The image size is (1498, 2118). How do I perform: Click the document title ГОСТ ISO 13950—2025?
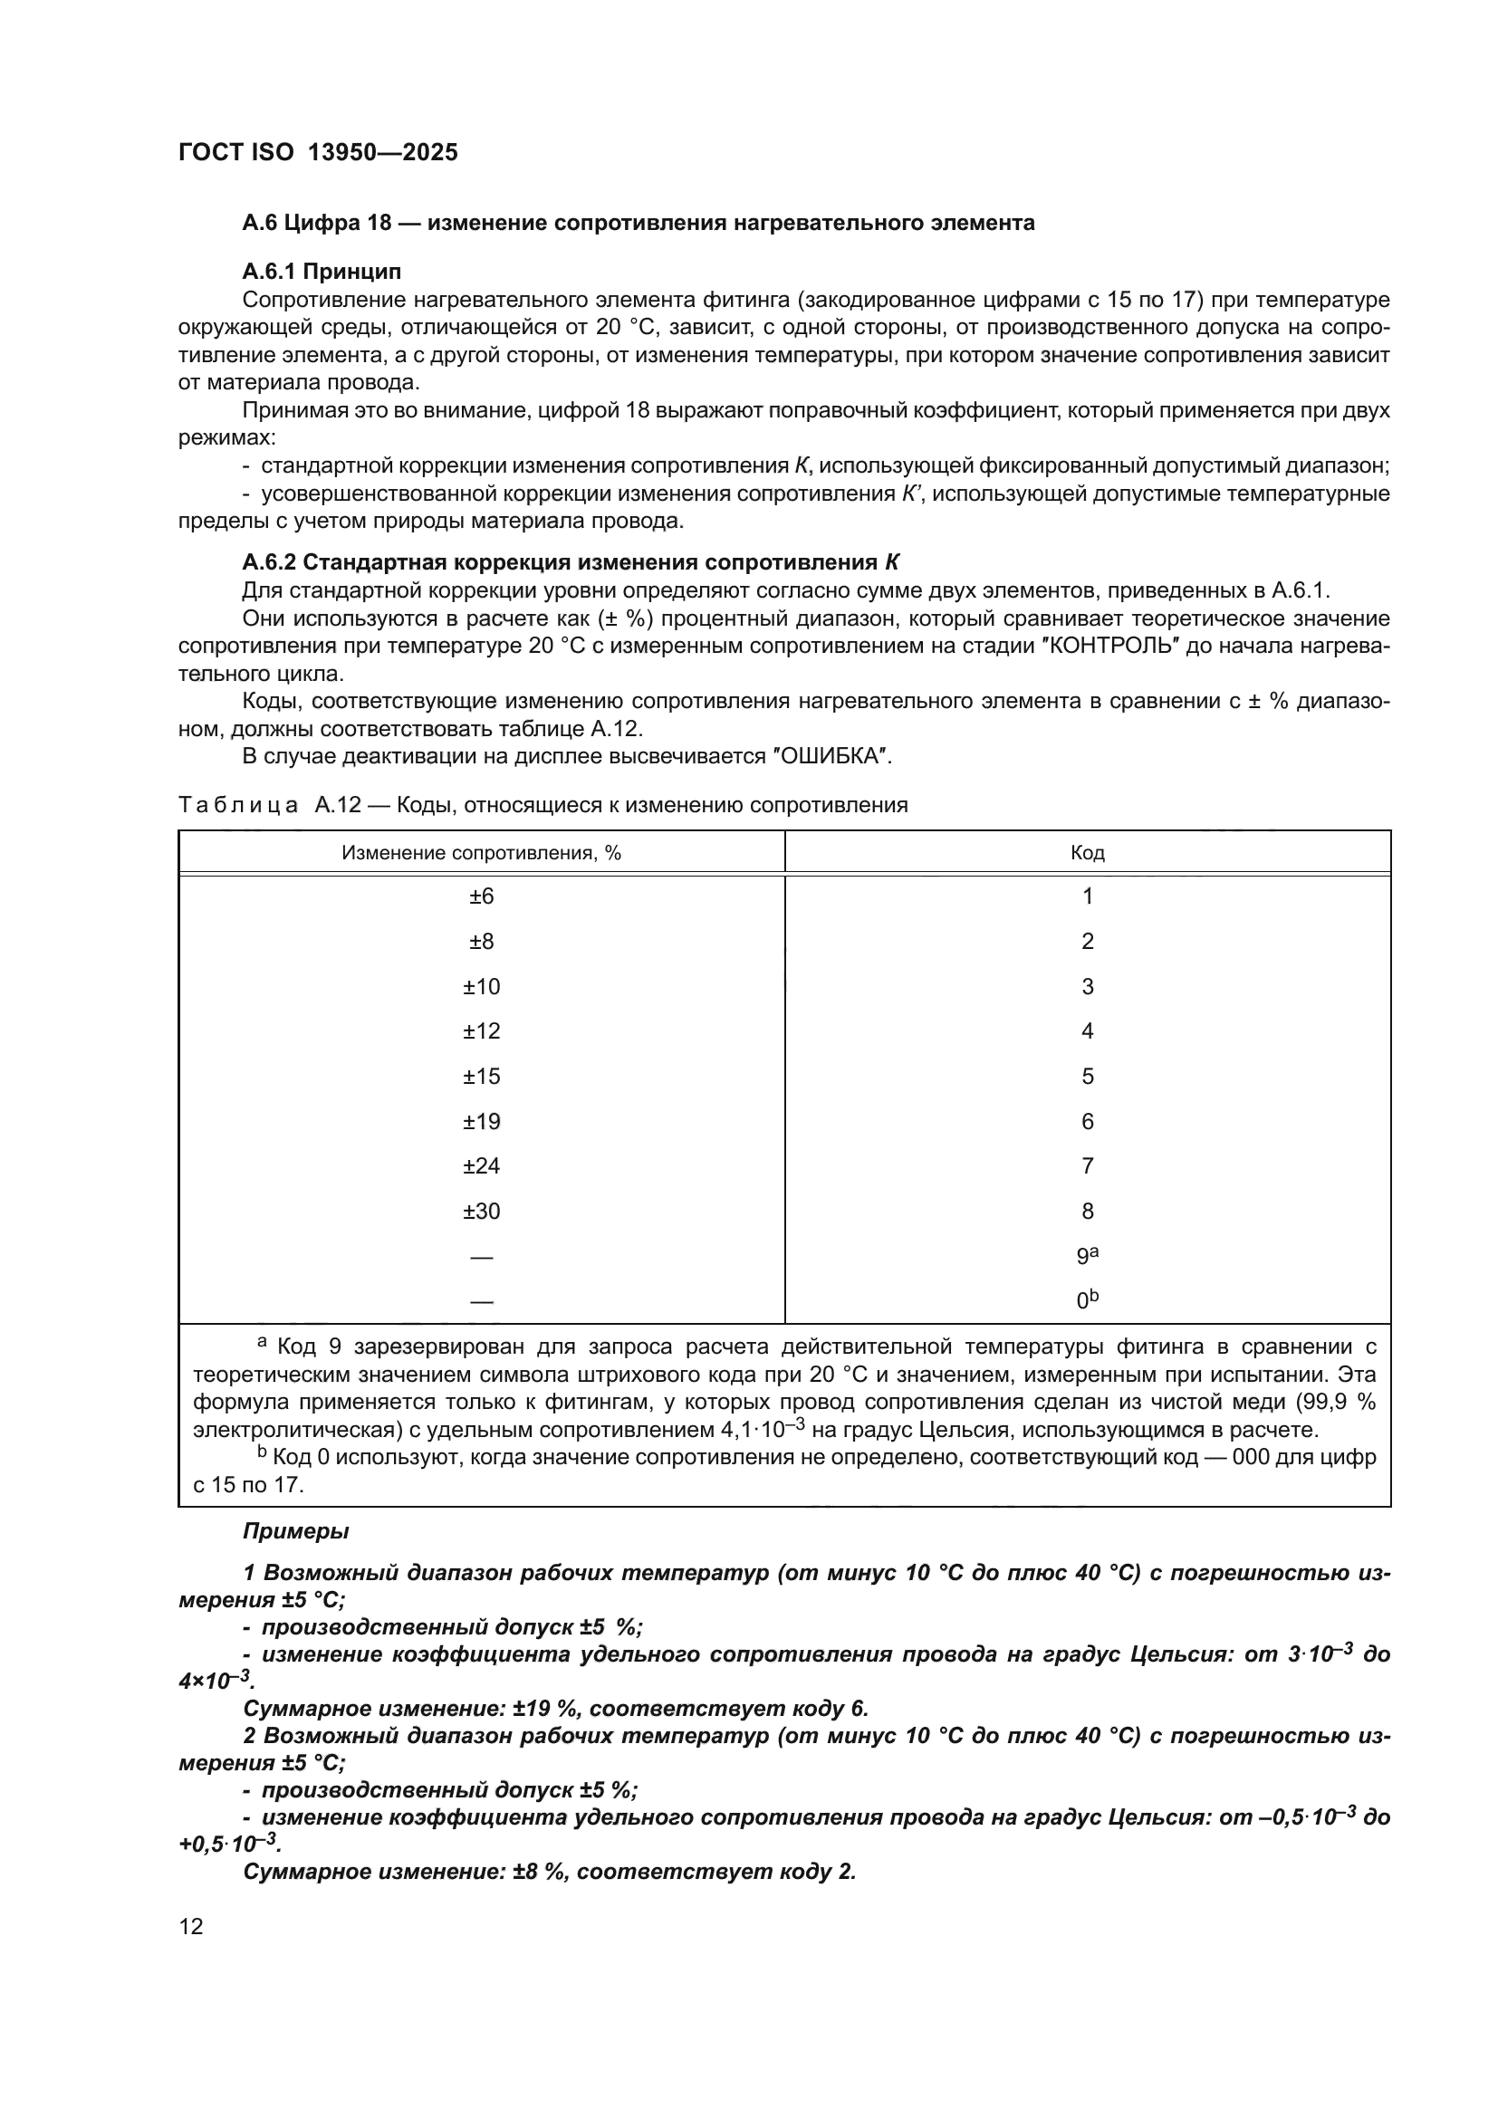[317, 153]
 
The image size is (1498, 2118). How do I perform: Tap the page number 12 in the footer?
[191, 1926]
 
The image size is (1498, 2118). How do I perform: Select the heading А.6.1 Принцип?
[321, 272]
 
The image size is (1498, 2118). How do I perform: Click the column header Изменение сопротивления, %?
[482, 852]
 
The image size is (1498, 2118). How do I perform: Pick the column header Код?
[1087, 852]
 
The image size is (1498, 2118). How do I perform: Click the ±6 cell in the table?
[482, 896]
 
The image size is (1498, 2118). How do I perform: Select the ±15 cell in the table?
[482, 1076]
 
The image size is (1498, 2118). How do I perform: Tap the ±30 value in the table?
[482, 1211]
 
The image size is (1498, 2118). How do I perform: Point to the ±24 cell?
[482, 1166]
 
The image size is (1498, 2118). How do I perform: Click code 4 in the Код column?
[1087, 1030]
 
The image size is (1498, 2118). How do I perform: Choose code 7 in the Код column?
[1087, 1166]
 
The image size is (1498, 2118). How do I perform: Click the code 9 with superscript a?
[1087, 1255]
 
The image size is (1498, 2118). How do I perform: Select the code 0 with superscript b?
[1087, 1299]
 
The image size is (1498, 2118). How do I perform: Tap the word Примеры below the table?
[295, 1531]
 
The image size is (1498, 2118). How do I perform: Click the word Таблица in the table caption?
[238, 805]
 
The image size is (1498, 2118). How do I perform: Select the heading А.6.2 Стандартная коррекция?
[570, 562]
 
